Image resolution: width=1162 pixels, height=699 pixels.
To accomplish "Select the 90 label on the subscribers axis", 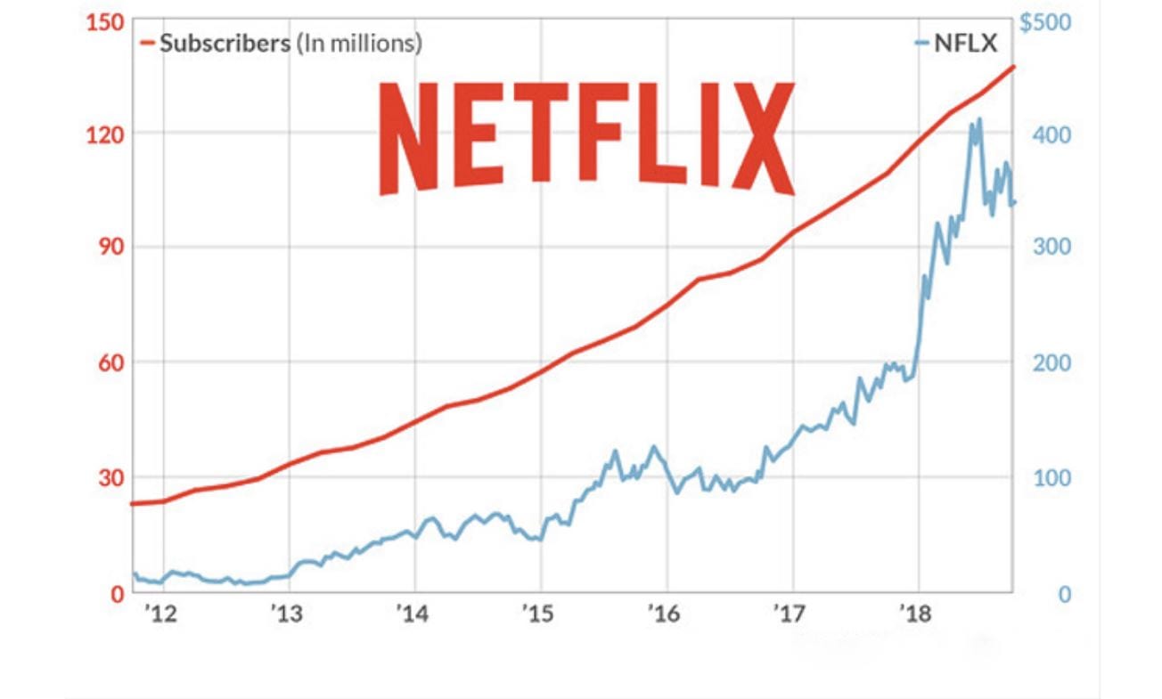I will click(107, 248).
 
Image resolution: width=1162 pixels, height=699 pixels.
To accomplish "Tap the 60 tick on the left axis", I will click(107, 362).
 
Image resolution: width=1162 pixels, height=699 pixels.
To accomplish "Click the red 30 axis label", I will click(107, 477).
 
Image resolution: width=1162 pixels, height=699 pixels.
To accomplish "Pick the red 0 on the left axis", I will click(113, 593).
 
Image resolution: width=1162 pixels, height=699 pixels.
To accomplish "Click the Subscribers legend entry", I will click(281, 43).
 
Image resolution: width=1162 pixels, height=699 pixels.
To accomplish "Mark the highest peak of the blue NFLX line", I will click(979, 118).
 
